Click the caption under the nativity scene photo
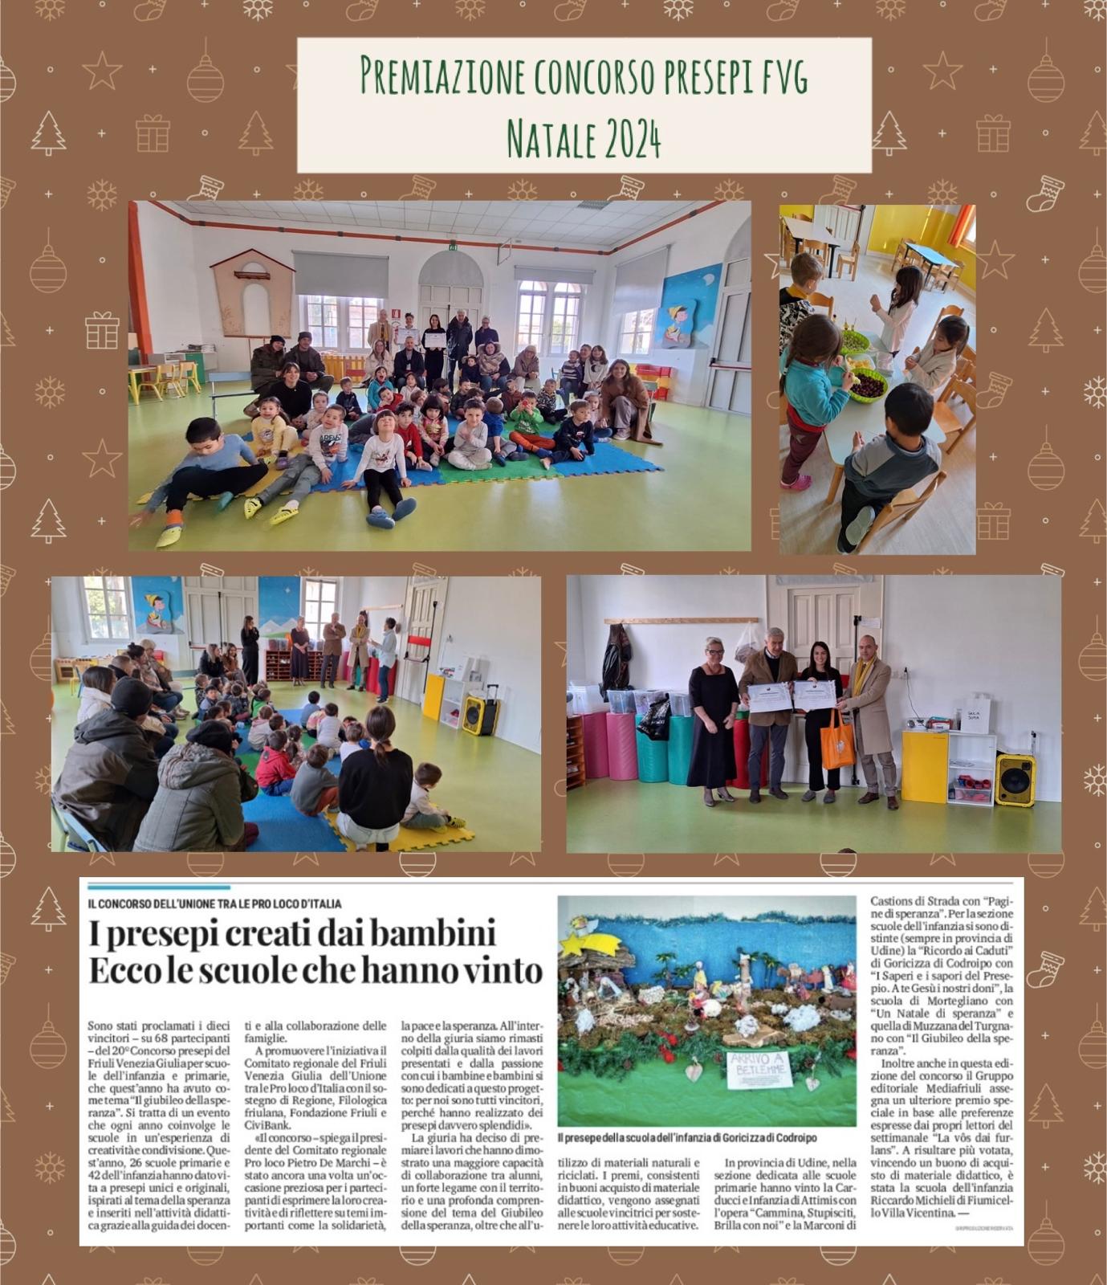[x=686, y=1138]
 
